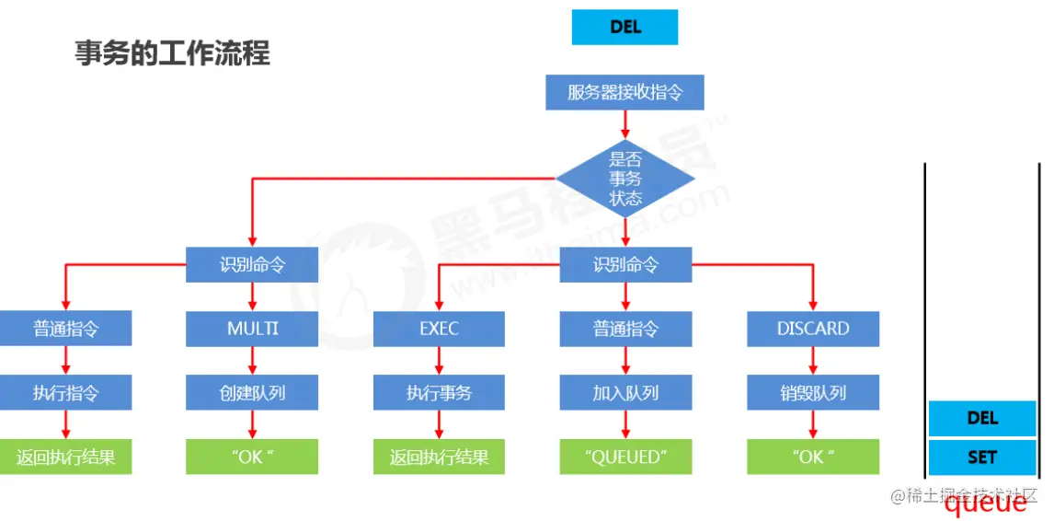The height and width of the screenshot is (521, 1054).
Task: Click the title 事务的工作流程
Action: click(172, 53)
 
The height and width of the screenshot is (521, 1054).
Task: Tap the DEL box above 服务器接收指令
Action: click(624, 28)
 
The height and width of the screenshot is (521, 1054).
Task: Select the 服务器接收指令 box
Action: click(624, 92)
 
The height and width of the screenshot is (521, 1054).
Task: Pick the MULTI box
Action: click(252, 329)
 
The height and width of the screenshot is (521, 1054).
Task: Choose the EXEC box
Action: click(439, 329)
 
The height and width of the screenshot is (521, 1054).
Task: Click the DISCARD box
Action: click(812, 329)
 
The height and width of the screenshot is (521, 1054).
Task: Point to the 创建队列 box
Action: click(252, 393)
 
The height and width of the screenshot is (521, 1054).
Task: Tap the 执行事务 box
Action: click(439, 393)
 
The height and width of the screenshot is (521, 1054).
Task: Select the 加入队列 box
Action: click(625, 393)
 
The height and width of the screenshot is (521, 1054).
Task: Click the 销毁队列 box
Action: click(812, 393)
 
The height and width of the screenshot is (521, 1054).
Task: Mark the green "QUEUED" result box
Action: click(625, 457)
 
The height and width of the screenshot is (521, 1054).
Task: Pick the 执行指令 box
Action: click(65, 393)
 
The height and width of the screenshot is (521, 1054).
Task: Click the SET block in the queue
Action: click(982, 457)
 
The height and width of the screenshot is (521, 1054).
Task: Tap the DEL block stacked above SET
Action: click(982, 418)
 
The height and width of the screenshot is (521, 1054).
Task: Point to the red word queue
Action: click(986, 503)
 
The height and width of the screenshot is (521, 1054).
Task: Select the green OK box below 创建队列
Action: click(252, 457)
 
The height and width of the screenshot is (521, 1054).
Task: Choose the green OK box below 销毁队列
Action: click(812, 457)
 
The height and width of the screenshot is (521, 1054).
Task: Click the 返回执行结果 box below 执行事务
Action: click(439, 457)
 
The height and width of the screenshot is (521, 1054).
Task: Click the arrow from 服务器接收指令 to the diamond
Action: click(625, 123)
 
